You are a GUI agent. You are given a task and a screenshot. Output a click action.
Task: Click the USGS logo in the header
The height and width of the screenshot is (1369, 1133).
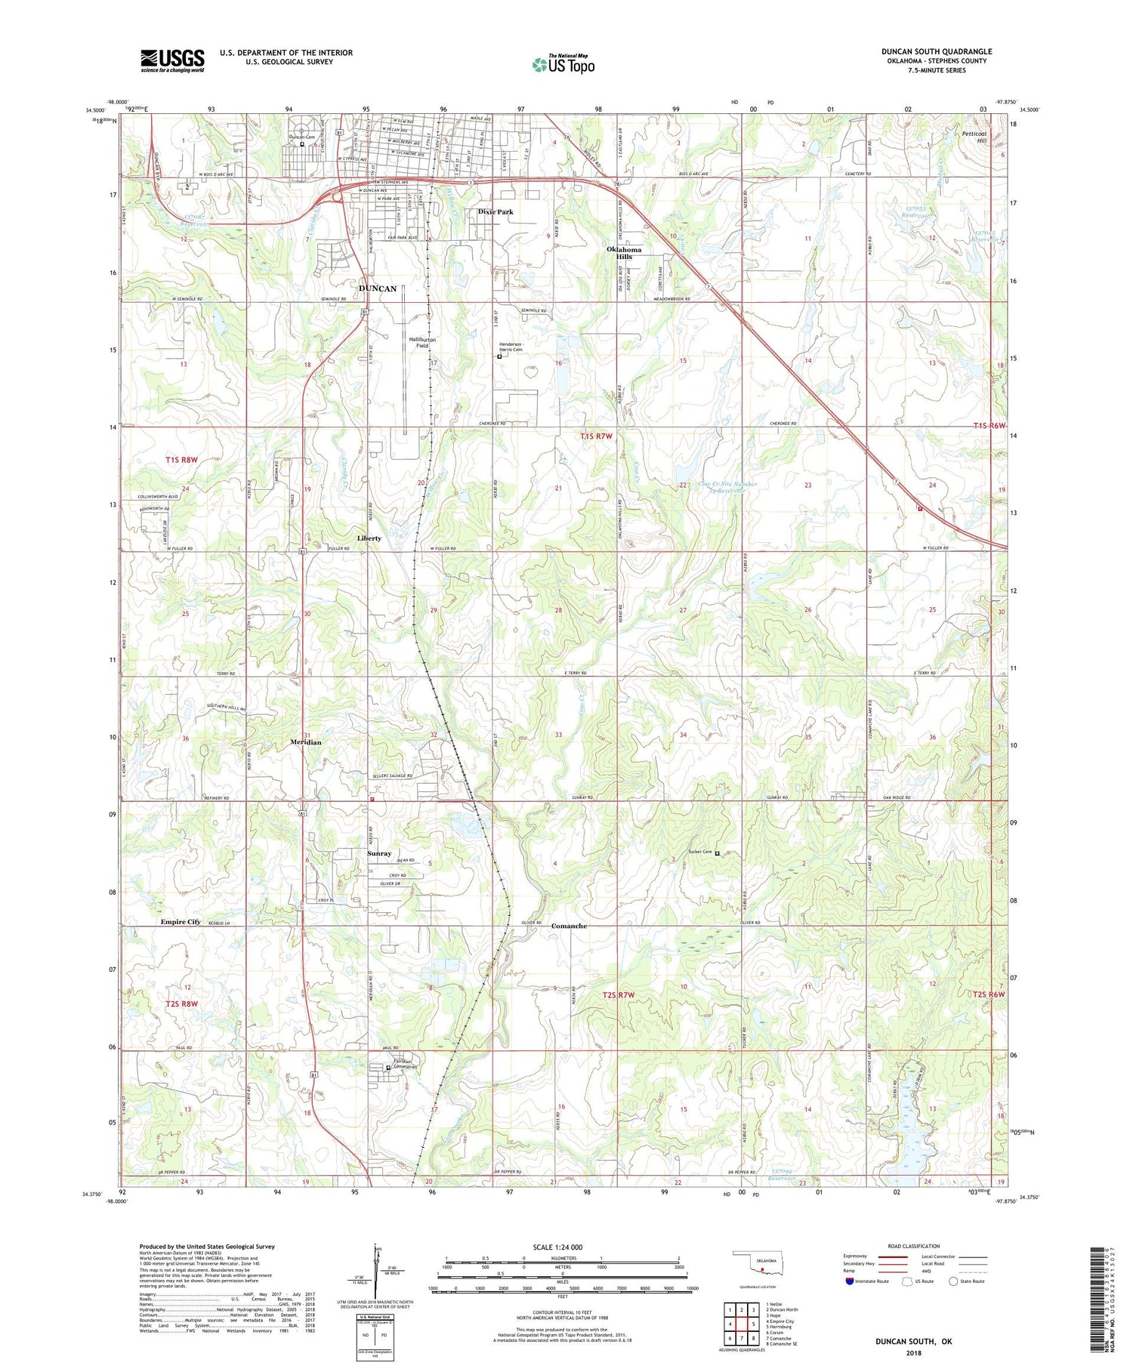tap(172, 60)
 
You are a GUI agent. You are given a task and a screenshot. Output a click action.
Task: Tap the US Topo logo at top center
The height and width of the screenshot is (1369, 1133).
tap(563, 64)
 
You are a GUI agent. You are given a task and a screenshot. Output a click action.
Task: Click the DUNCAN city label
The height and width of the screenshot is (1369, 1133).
tap(378, 288)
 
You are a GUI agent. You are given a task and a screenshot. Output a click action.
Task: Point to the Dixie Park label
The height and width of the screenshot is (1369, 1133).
tap(495, 212)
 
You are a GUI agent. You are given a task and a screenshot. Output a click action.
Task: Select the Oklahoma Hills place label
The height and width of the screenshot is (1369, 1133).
tap(624, 253)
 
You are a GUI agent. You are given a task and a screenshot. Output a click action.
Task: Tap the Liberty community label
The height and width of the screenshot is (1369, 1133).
tap(369, 538)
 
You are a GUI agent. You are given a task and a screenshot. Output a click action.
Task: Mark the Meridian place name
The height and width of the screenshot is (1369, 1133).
tap(306, 742)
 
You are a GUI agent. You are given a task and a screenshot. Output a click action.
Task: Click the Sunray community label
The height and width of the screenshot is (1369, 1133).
tap(379, 853)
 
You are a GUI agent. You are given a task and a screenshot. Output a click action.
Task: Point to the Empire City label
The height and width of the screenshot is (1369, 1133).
tap(181, 922)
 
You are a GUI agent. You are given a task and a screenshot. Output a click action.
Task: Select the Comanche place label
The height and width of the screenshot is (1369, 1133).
tap(569, 926)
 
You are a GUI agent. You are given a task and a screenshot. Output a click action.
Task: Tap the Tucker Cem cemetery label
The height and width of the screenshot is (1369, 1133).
tap(700, 853)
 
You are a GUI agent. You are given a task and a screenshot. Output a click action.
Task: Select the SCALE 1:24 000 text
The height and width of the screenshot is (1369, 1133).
tap(557, 1247)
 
